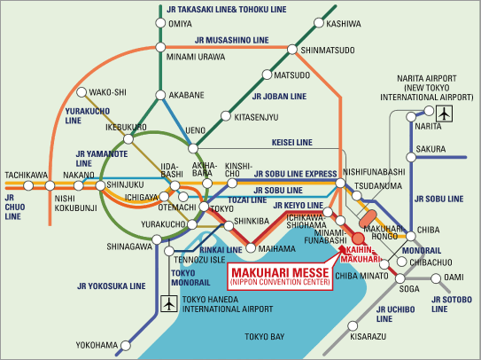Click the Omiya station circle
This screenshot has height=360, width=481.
click(x=160, y=23)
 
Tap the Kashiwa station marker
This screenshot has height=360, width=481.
click(x=319, y=23)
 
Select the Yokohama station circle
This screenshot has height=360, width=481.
click(x=126, y=346)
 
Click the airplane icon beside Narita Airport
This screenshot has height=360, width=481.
click(x=444, y=113)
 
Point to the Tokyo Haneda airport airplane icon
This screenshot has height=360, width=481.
click(x=169, y=303)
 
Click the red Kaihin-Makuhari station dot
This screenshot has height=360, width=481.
click(x=358, y=239)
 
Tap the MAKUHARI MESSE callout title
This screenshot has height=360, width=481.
click(x=280, y=273)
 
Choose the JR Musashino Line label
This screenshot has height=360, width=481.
click(x=231, y=40)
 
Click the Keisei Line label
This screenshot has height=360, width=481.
click(x=292, y=143)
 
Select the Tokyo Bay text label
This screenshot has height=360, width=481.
click(x=265, y=337)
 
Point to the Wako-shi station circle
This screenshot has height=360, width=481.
click(x=81, y=92)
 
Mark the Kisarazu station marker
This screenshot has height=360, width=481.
click(x=353, y=326)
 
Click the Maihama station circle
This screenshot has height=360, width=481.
click(x=251, y=248)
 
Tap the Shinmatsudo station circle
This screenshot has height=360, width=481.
click(x=292, y=49)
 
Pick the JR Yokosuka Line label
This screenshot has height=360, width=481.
click(x=112, y=286)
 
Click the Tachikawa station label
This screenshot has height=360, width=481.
click(x=27, y=176)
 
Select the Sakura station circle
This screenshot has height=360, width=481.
click(x=411, y=157)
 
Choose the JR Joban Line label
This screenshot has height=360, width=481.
click(x=279, y=97)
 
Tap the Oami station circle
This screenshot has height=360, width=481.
click(x=436, y=278)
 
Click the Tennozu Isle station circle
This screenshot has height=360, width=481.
click(x=169, y=251)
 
